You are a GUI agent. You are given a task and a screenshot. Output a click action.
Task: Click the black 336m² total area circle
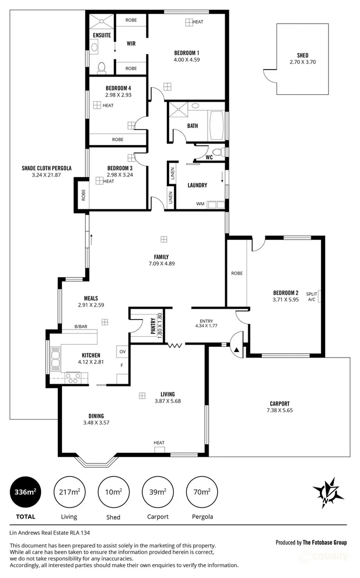point(25,491)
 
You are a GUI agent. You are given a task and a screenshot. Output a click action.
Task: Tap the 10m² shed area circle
point(113,491)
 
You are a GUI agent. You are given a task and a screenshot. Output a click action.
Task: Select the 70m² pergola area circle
point(201,491)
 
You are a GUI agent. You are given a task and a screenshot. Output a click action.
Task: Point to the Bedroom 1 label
point(187,52)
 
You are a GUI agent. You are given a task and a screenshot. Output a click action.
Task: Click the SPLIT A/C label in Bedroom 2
point(311,296)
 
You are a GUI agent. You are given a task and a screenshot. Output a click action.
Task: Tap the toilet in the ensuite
point(101,67)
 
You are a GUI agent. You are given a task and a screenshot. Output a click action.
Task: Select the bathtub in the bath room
point(216,125)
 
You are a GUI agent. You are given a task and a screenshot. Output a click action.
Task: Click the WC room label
point(209,157)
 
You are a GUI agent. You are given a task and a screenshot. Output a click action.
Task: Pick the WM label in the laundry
point(200,203)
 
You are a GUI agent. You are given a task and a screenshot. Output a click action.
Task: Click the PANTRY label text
point(153,327)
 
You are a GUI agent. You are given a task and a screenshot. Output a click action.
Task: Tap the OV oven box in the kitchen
point(122,352)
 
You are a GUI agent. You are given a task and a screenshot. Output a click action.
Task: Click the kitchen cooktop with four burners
point(72,377)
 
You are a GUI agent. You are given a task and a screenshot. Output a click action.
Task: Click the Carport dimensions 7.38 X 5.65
point(279,410)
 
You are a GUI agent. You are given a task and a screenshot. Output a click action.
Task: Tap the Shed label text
point(302,55)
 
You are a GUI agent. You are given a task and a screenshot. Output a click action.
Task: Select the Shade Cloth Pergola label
point(46,168)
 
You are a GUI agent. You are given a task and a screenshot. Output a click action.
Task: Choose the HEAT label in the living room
point(159,443)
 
